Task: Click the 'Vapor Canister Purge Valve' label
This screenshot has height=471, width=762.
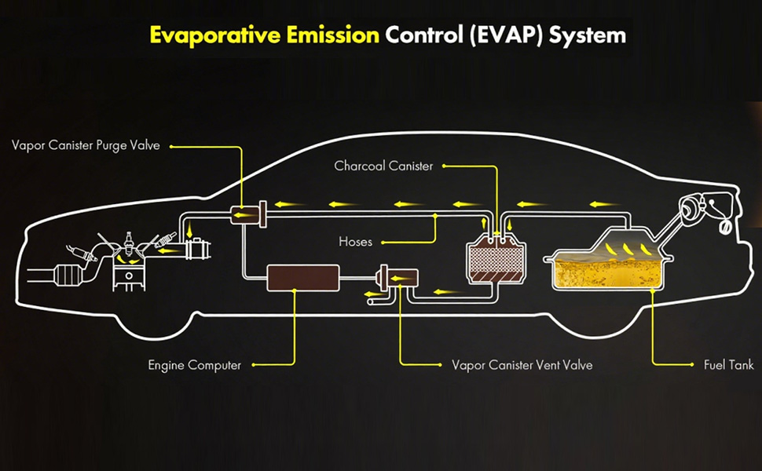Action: click(86, 146)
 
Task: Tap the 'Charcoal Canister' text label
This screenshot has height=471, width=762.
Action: click(383, 166)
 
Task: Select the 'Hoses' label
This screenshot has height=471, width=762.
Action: click(355, 242)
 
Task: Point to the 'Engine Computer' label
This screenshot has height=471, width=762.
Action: click(194, 365)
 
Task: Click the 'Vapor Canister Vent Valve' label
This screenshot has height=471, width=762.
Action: click(522, 365)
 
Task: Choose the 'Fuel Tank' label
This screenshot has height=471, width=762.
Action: click(728, 365)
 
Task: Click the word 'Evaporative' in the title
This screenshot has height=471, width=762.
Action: click(214, 35)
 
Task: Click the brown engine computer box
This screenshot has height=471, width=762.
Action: click(303, 278)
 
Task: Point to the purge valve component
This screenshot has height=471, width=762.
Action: click(248, 214)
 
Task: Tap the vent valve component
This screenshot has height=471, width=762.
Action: click(398, 278)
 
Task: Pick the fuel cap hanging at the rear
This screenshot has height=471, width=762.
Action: click(724, 227)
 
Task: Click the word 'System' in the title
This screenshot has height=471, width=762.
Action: click(588, 36)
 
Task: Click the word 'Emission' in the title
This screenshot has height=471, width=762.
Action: click(333, 35)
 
